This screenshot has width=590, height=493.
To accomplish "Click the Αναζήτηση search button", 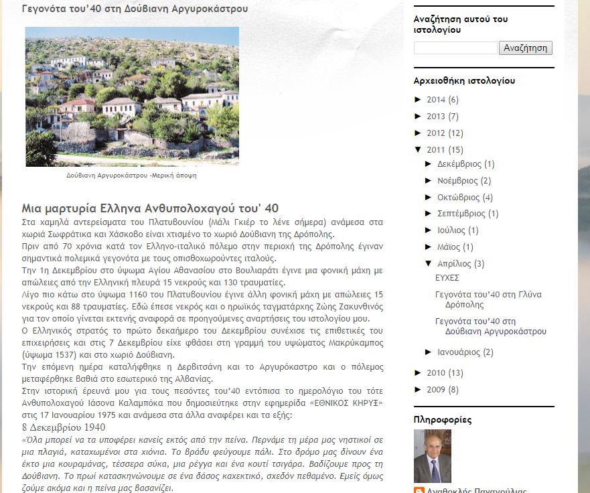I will (526, 48).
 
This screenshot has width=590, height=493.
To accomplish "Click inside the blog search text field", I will (455, 48).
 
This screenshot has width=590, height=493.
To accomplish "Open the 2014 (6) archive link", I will (436, 100).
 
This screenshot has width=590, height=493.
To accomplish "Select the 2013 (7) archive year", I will (436, 117).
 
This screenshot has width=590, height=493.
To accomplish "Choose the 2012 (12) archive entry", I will (436, 133).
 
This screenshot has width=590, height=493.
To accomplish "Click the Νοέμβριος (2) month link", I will (457, 181).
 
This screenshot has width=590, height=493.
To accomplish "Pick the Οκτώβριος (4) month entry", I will (458, 198).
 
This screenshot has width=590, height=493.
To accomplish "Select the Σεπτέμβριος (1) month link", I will (461, 214).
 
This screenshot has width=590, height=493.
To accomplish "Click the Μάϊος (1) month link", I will (448, 247).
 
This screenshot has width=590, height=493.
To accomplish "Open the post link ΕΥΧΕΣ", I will (447, 278).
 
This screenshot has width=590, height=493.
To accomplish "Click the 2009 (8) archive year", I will (436, 390).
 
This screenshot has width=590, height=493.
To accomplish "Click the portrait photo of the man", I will (432, 455).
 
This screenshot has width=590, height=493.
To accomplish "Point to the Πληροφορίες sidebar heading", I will (443, 420).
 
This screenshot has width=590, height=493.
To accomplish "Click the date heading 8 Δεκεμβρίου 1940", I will (63, 427).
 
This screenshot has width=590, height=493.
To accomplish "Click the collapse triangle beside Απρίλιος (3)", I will (429, 263).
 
